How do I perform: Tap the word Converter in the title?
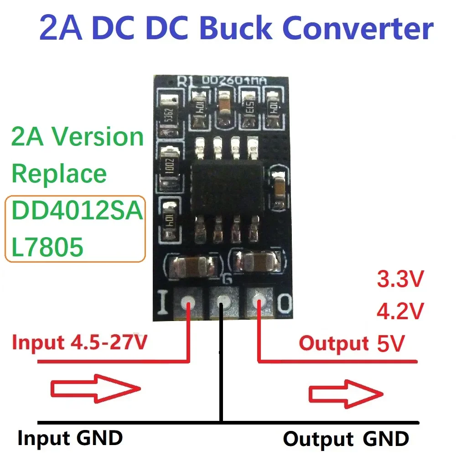pyautogui.click(x=358, y=28)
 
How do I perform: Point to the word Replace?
pyautogui.click(x=59, y=173)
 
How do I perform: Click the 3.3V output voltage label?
pyautogui.click(x=399, y=279)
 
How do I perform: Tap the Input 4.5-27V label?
pyautogui.click(x=79, y=342)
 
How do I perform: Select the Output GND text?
pyautogui.click(x=346, y=439)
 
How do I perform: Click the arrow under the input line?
pyautogui.click(x=95, y=389)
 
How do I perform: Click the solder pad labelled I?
pyautogui.click(x=187, y=302)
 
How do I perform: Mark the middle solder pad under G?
pyautogui.click(x=223, y=302)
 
